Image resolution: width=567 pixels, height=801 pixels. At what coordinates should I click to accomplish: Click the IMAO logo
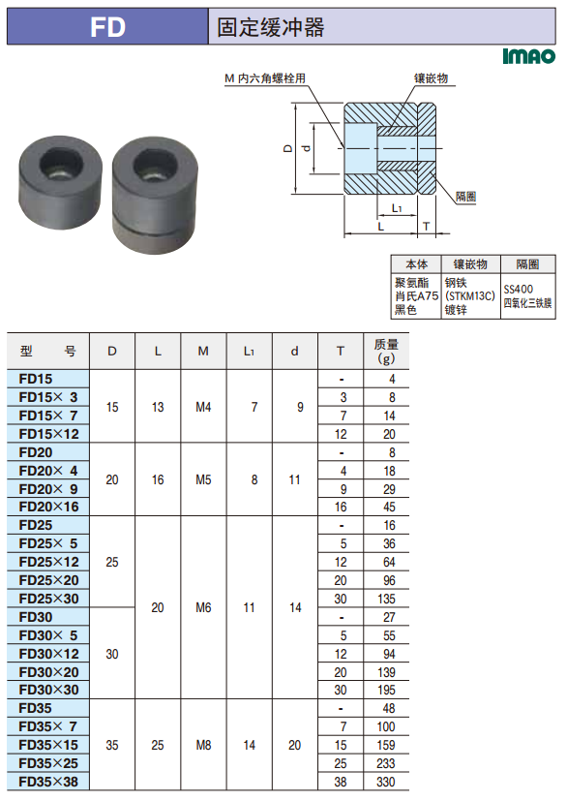click(528, 55)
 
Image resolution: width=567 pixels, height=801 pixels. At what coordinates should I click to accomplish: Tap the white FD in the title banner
click(107, 27)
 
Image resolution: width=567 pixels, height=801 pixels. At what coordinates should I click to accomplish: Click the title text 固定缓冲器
click(271, 27)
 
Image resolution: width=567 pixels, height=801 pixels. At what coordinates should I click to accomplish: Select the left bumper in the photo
click(60, 182)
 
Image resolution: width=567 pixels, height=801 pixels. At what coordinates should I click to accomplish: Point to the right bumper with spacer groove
click(155, 194)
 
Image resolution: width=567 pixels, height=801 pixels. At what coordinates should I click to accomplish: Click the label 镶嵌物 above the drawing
click(431, 78)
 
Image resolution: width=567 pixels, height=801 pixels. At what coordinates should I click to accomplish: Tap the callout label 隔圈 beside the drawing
click(465, 197)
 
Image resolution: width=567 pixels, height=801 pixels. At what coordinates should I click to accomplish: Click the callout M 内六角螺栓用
click(265, 78)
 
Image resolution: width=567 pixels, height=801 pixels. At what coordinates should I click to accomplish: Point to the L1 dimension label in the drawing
click(397, 208)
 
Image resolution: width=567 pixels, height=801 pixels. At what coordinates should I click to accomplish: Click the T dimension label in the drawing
click(426, 227)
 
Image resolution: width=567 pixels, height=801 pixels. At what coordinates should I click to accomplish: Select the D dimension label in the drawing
click(287, 148)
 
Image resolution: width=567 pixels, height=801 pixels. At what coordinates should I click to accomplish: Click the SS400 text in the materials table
click(518, 290)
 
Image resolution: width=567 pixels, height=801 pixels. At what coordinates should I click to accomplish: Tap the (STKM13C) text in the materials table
click(469, 295)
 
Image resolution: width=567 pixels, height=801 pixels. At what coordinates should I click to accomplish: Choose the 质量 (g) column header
click(386, 351)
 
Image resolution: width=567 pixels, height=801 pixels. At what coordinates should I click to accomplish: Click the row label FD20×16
click(49, 507)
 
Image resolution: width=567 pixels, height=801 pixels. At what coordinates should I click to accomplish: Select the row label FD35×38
click(48, 782)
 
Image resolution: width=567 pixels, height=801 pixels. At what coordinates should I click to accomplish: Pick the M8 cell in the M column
click(203, 746)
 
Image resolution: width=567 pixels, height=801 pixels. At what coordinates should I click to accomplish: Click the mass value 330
click(386, 782)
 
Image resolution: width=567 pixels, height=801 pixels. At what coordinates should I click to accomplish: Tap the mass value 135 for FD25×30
click(386, 599)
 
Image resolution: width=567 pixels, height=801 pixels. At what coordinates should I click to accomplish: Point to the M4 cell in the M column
click(203, 407)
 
